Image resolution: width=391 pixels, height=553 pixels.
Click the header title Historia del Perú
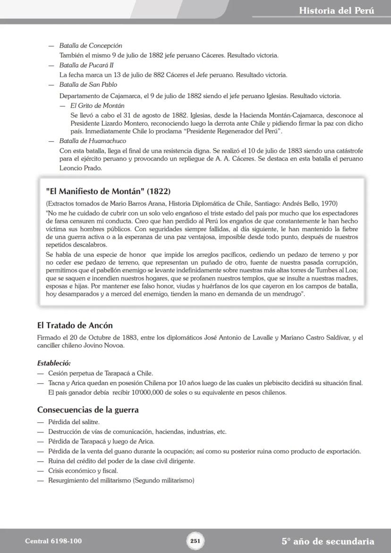click(336, 10)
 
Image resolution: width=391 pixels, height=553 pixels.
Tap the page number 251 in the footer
click(195, 541)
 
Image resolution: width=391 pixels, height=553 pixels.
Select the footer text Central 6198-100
click(50, 541)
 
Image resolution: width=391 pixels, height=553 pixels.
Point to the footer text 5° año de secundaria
click(328, 541)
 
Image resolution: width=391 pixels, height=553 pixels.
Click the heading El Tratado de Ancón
click(75, 325)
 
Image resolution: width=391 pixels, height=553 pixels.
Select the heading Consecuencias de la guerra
click(88, 409)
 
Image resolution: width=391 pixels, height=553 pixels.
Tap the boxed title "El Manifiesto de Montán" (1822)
click(108, 191)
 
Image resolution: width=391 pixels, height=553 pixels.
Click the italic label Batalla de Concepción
click(91, 46)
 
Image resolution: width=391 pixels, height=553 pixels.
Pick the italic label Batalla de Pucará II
click(86, 65)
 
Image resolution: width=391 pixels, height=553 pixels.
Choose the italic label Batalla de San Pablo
click(88, 85)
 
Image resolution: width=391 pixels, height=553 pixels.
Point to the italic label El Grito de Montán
click(97, 106)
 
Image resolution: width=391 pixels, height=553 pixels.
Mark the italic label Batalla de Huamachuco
click(93, 141)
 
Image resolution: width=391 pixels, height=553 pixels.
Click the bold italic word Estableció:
click(54, 363)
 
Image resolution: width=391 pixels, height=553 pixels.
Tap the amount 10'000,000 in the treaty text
click(149, 392)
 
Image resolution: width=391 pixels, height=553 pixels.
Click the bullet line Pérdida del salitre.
click(74, 422)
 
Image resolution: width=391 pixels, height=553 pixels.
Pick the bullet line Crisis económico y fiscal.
click(83, 471)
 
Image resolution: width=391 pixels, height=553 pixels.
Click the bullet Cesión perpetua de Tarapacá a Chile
click(100, 373)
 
